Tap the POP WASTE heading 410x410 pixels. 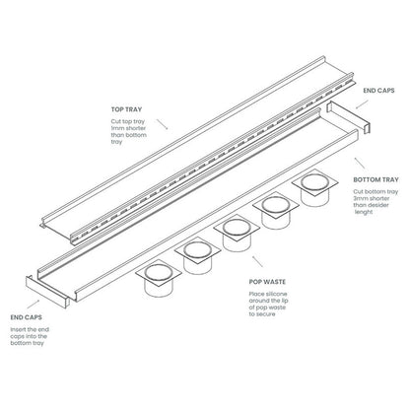pos(268,280)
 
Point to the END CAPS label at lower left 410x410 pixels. pos(25,318)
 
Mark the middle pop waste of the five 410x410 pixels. pos(238,234)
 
